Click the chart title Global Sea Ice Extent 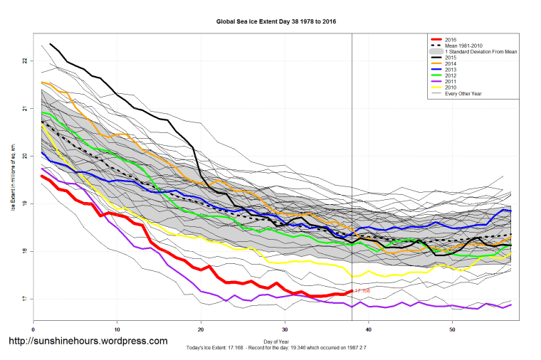click(276, 21)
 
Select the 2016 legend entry click(450, 39)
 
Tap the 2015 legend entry click(450, 58)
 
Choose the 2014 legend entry click(450, 64)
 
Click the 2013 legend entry click(450, 70)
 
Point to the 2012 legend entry click(450, 76)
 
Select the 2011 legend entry click(450, 83)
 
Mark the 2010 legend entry click(450, 88)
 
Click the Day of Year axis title click(276, 342)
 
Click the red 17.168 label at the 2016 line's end click(361, 291)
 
